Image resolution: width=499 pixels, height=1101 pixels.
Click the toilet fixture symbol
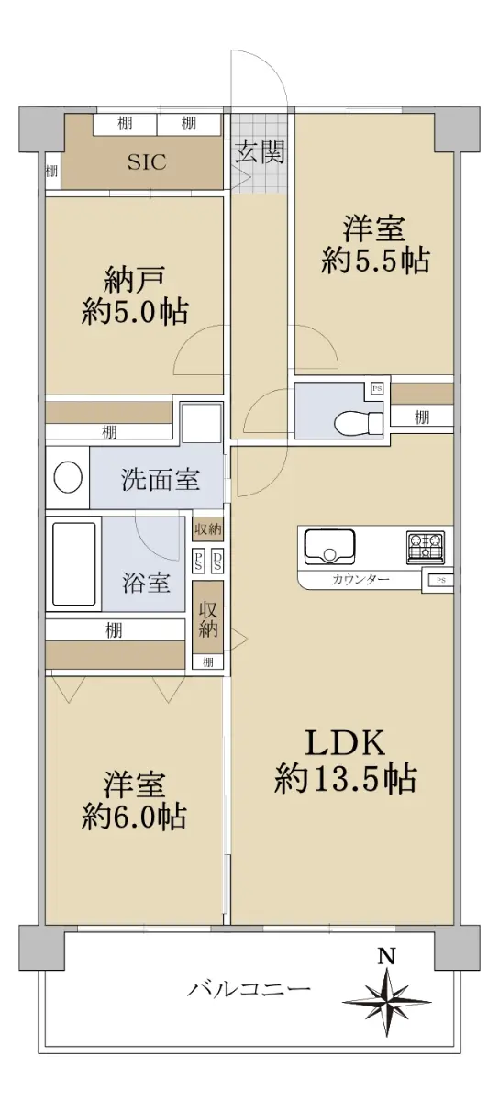point(359,422)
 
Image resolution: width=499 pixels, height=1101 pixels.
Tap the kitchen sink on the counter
point(329,546)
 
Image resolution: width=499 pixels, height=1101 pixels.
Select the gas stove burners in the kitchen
point(426,547)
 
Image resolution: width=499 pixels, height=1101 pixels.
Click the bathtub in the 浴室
point(73,563)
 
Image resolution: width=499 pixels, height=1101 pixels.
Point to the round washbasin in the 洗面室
point(68,477)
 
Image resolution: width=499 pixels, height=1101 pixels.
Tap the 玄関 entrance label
point(259,151)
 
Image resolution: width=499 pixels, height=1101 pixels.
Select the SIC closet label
point(147,161)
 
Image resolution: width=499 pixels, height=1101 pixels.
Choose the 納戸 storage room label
point(134,280)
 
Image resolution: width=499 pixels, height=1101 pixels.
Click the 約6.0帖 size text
point(134,817)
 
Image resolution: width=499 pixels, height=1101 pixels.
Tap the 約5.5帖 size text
point(375,260)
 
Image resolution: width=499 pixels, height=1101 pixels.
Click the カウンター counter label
point(360,579)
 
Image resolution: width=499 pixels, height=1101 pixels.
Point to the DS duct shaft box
point(216,560)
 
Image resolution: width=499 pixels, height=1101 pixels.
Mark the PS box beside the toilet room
point(377,389)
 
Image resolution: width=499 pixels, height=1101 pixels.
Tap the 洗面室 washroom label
point(161,479)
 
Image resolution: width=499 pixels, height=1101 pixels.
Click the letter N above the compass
point(386,956)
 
